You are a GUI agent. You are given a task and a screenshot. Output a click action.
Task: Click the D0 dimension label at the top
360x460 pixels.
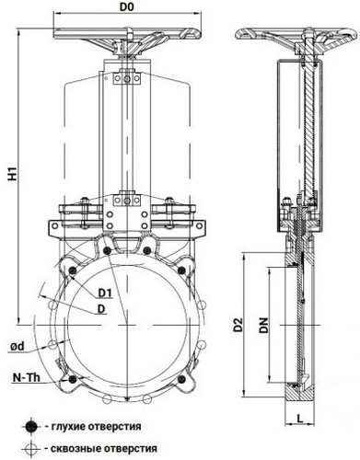pos(127,7)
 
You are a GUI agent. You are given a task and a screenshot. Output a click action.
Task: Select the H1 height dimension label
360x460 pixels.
pos(13,174)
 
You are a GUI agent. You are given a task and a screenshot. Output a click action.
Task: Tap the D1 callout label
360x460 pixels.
pos(105,293)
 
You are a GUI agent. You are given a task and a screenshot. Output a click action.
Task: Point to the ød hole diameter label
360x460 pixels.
pos(17,347)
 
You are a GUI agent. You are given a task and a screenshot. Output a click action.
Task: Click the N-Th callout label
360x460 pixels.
pos(27,378)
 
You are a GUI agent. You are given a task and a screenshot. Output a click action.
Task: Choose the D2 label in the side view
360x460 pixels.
pos(238,326)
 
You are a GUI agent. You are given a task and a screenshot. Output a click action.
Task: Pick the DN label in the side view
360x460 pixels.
pos(263,326)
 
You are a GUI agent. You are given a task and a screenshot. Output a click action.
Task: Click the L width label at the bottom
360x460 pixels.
pos(300,418)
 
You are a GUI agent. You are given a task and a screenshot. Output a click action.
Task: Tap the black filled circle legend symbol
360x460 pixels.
pos(31,426)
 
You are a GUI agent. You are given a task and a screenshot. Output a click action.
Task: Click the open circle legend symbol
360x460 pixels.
pos(31,449)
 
